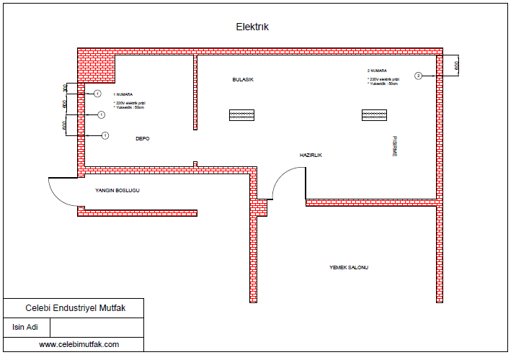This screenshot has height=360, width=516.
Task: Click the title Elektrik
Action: click(x=252, y=27)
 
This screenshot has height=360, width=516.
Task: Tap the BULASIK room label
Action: click(x=243, y=78)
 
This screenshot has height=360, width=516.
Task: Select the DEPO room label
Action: click(x=143, y=138)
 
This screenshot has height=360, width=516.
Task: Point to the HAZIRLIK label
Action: click(x=311, y=156)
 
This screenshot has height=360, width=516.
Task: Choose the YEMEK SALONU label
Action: click(x=349, y=267)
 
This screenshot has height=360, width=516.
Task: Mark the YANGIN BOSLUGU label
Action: click(x=117, y=191)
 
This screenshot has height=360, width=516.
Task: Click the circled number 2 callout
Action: click(x=418, y=76)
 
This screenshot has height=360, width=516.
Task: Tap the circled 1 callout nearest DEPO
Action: click(x=105, y=135)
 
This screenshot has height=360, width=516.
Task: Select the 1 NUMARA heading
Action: click(x=123, y=94)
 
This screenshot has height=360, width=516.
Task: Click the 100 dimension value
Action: click(x=65, y=88)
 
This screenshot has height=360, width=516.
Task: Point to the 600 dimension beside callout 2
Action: click(x=455, y=66)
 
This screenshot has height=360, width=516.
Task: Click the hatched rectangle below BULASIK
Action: click(x=242, y=114)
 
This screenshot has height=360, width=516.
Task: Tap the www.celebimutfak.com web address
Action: click(x=79, y=344)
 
